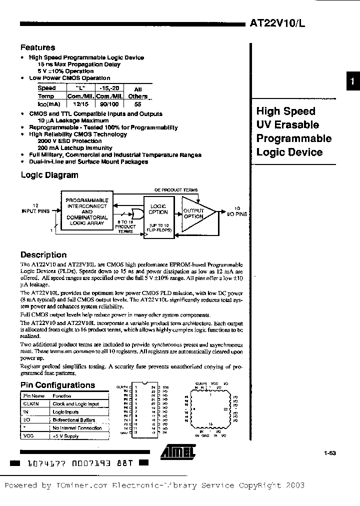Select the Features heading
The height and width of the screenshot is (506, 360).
tap(37, 47)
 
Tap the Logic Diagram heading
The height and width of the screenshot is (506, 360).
tap(49, 175)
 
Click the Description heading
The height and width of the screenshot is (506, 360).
tap(43, 254)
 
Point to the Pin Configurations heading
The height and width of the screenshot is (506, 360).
tap(57, 385)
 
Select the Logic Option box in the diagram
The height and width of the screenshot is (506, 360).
tap(158, 208)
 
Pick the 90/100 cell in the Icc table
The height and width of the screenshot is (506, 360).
tap(107, 104)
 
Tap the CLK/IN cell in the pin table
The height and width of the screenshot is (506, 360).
tap(31, 403)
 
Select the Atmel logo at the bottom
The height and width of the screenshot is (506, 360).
tap(177, 452)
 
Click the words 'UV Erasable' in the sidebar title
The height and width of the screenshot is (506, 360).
tap(287, 125)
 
